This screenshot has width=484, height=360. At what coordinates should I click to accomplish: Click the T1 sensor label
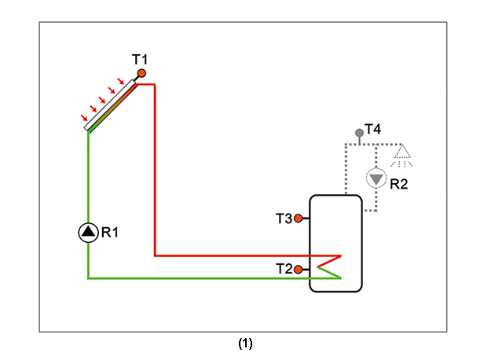tap(140, 59)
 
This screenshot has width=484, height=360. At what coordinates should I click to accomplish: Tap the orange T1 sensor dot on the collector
tap(141, 73)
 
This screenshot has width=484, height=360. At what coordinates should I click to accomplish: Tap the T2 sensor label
tap(284, 269)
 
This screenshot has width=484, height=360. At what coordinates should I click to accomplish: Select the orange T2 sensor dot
tap(299, 269)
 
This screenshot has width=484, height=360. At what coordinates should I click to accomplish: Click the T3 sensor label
tap(284, 219)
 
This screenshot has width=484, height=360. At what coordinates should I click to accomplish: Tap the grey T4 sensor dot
tap(359, 133)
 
